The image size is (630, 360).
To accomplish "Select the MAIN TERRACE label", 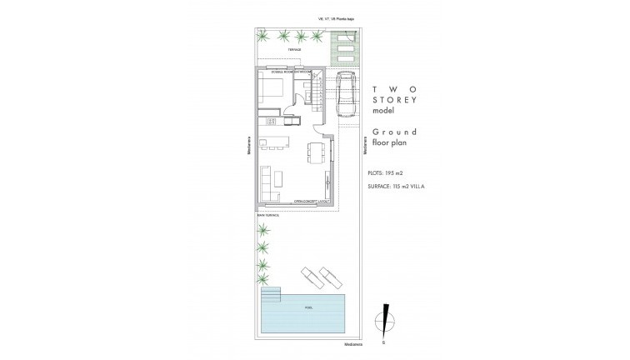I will click(267, 214).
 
